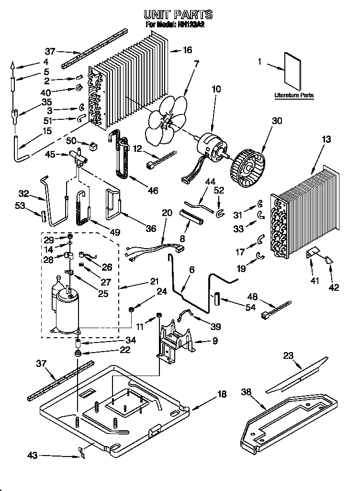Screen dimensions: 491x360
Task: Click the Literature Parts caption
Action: pos(294,95)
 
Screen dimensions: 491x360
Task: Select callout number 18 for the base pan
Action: pos(222,394)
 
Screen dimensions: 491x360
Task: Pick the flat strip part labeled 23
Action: pos(297,374)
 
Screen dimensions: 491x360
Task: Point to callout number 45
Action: pos(49,154)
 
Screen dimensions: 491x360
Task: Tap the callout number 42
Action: pos(334,287)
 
